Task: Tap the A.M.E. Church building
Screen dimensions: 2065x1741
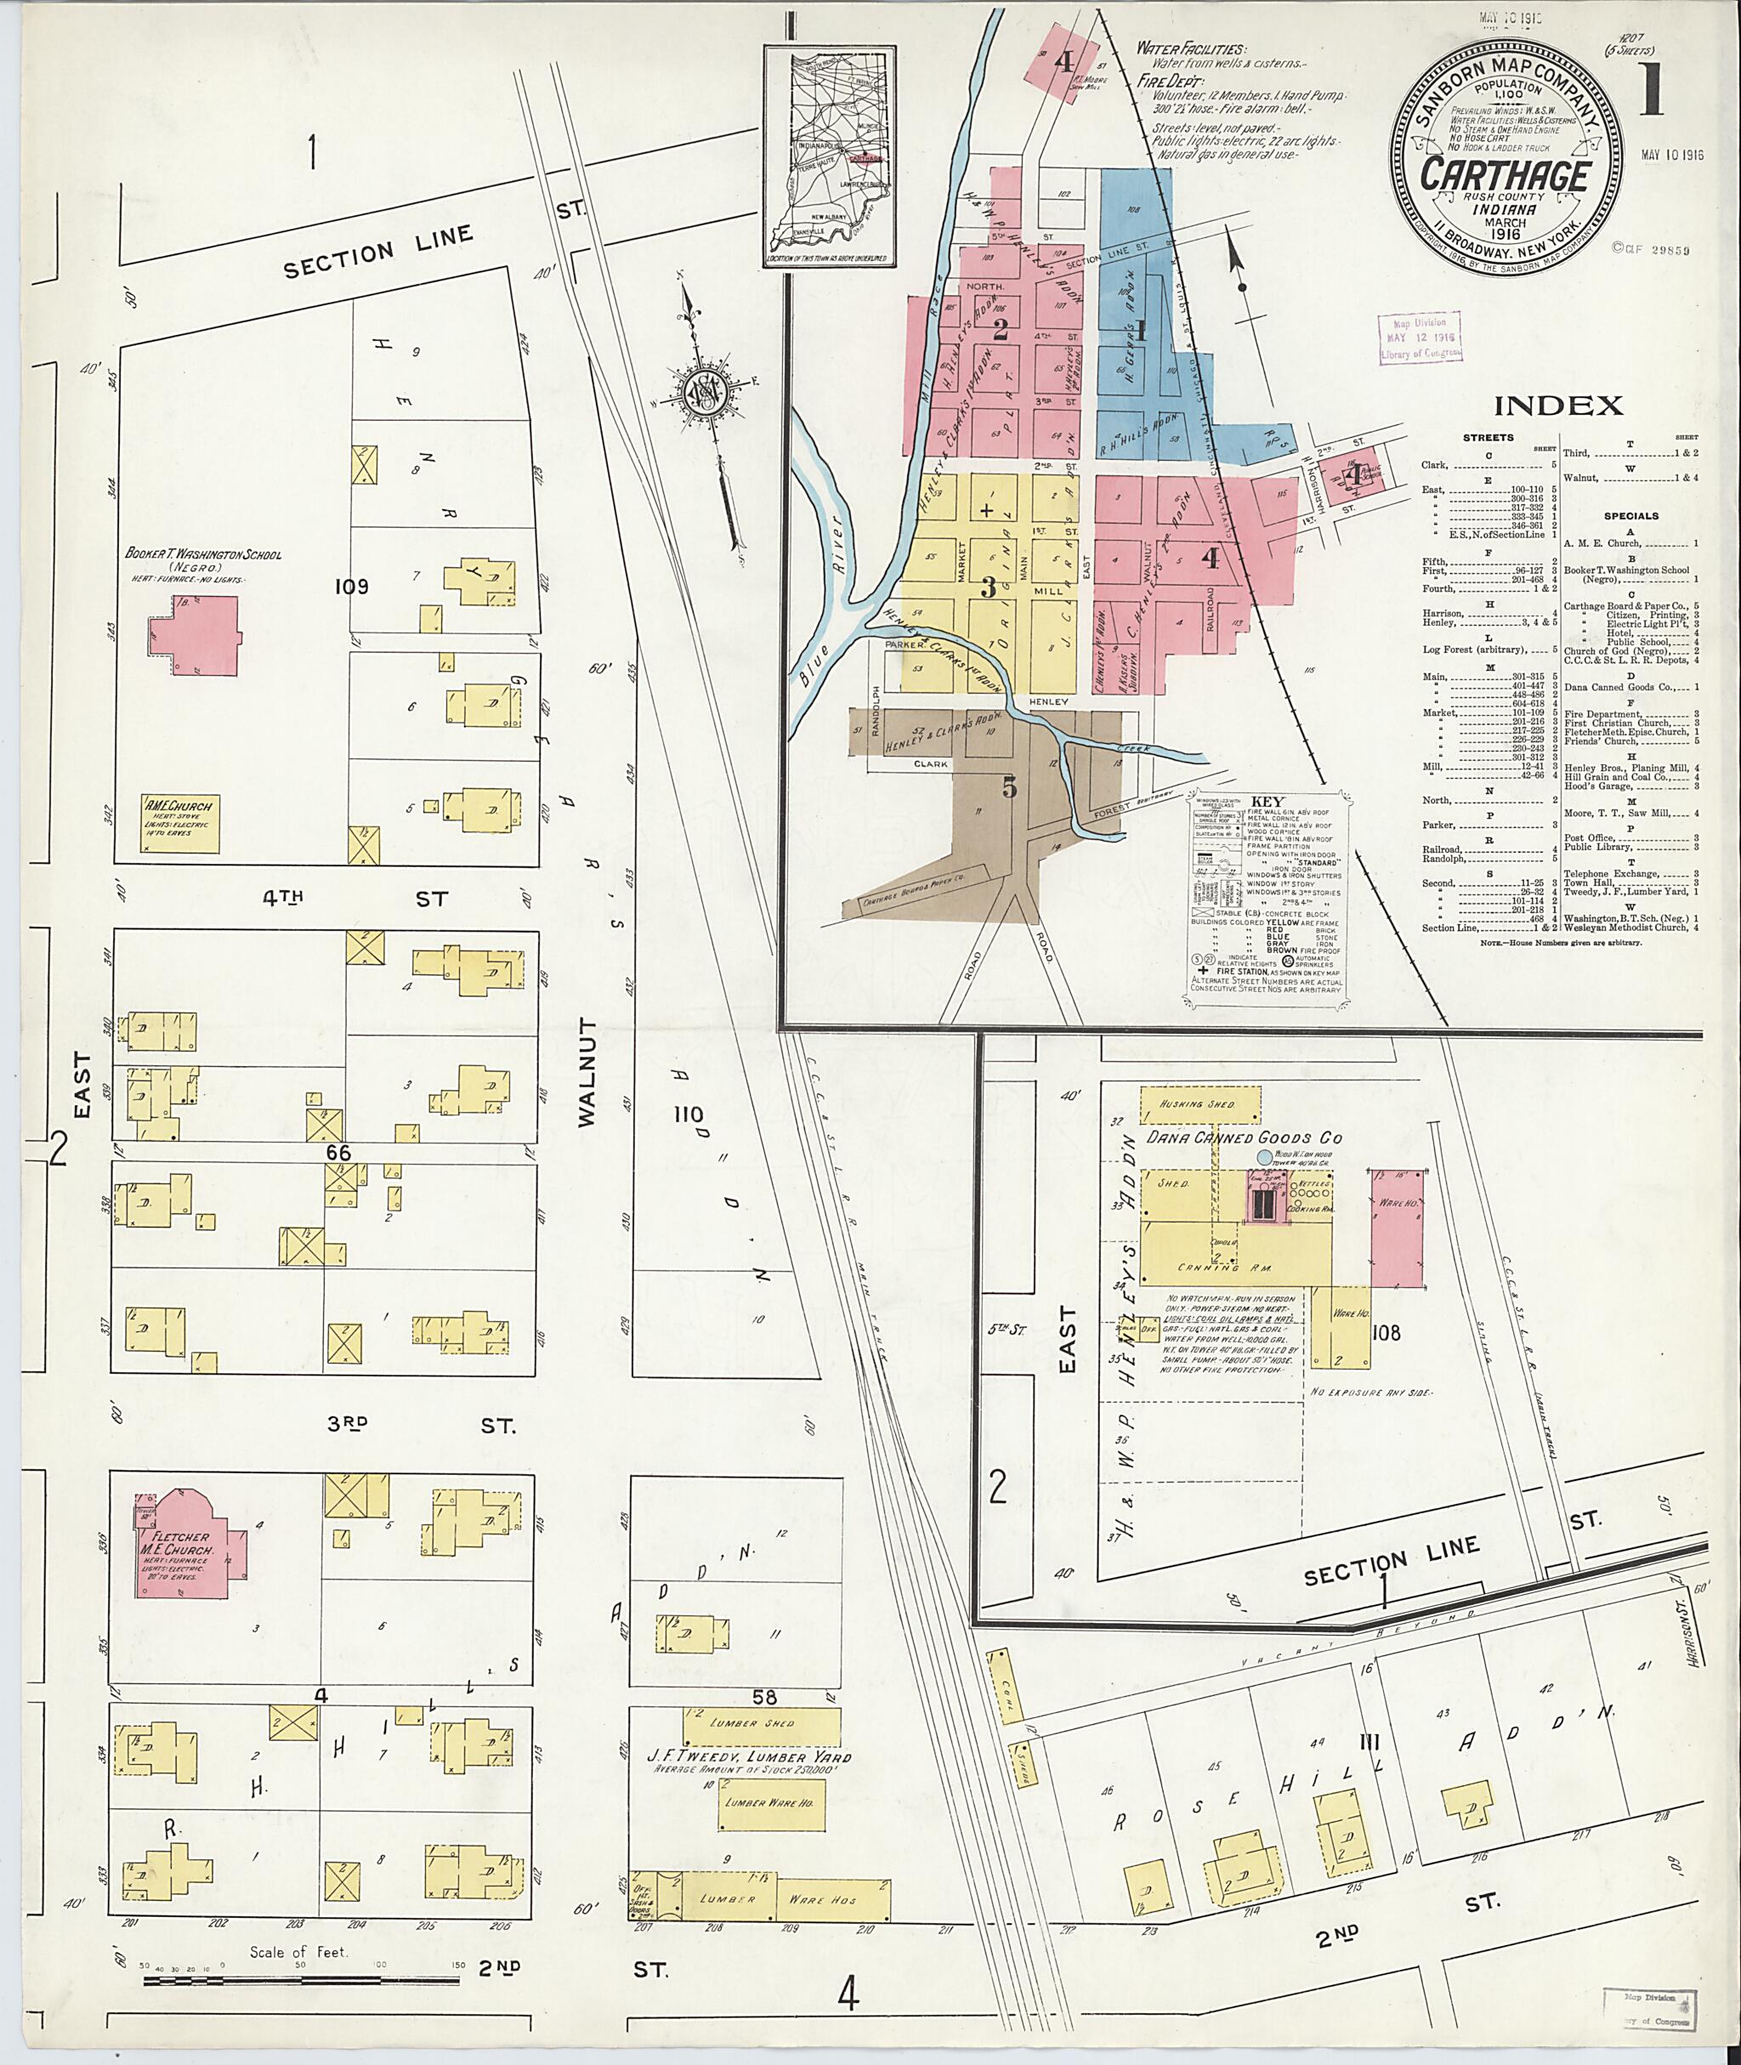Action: click(x=179, y=825)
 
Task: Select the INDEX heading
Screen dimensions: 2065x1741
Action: click(x=1557, y=404)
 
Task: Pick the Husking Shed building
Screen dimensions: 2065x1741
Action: click(x=1200, y=1104)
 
